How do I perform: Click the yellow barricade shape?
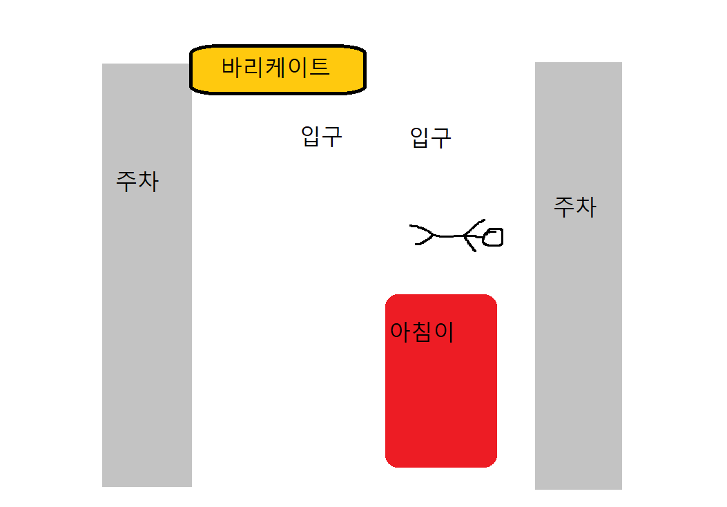(278, 70)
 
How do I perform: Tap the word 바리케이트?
(275, 67)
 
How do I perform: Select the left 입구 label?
(321, 136)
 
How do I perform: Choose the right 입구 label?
(430, 137)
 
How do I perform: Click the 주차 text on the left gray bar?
(137, 182)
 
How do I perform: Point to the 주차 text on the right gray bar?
(575, 207)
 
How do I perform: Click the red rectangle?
(441, 381)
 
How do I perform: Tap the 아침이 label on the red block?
(421, 332)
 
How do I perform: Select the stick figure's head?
(493, 237)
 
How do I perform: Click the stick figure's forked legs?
(421, 235)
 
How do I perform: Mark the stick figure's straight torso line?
(449, 236)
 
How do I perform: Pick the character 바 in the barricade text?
(231, 67)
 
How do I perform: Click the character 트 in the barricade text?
(319, 67)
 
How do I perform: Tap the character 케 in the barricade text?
(275, 67)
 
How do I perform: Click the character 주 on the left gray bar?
(126, 182)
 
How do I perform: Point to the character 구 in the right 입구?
(441, 138)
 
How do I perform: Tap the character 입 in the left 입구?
(310, 136)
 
